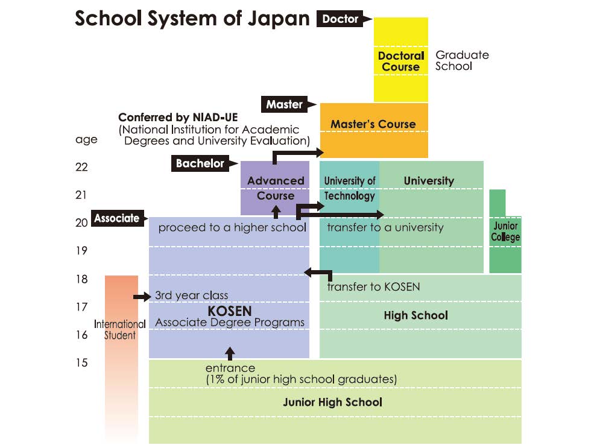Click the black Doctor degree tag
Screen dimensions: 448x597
[x=340, y=19]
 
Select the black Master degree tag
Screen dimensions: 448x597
[x=285, y=104]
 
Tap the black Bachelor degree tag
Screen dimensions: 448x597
[x=200, y=163]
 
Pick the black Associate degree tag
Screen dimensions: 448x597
[x=116, y=218]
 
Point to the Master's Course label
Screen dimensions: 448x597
[x=373, y=125]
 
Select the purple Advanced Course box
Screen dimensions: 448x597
[x=276, y=188]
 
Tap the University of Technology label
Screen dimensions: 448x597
[x=350, y=188]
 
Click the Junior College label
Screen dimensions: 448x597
[x=505, y=232]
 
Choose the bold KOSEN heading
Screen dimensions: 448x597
[x=229, y=311]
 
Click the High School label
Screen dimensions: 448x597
[x=416, y=315]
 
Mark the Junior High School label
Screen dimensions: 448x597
[x=332, y=402]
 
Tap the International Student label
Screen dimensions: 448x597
[x=120, y=330]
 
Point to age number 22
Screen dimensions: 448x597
[x=82, y=167]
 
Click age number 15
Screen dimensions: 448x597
[x=82, y=362]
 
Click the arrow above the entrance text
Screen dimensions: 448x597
[x=229, y=353]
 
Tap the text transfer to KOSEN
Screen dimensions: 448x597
[x=373, y=286]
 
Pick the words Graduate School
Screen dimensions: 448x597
[x=462, y=60]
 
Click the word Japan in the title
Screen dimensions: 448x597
[x=277, y=19]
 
